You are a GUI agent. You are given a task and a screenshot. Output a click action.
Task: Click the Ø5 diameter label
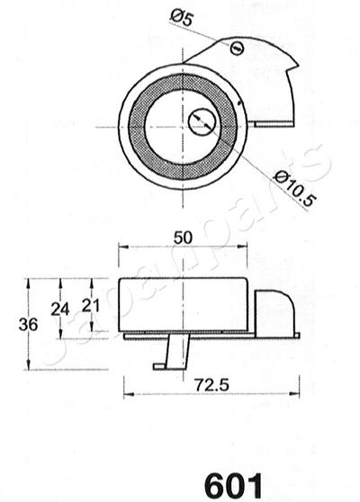tap(181, 15)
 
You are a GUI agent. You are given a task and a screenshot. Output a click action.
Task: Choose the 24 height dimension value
tap(59, 309)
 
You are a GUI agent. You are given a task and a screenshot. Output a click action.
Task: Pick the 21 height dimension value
tap(88, 305)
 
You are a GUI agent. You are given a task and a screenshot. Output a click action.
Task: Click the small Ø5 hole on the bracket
tap(237, 48)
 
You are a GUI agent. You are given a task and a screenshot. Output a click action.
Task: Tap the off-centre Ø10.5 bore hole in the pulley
tap(202, 121)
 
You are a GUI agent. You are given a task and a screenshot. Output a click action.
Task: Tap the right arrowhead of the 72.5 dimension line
tap(297, 394)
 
